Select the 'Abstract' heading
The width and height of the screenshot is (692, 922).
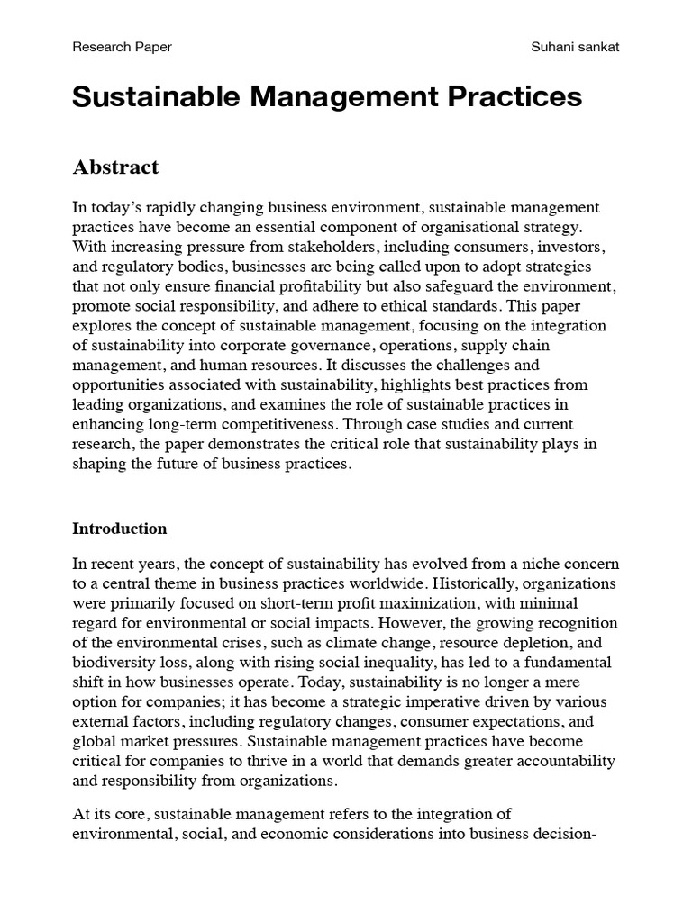pos(115,167)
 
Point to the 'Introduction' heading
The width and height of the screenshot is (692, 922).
pos(120,529)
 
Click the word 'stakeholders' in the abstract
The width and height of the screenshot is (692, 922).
pos(322,246)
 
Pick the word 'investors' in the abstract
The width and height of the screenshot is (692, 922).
pos(567,246)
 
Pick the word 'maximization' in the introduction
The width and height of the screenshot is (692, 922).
pos(405,603)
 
